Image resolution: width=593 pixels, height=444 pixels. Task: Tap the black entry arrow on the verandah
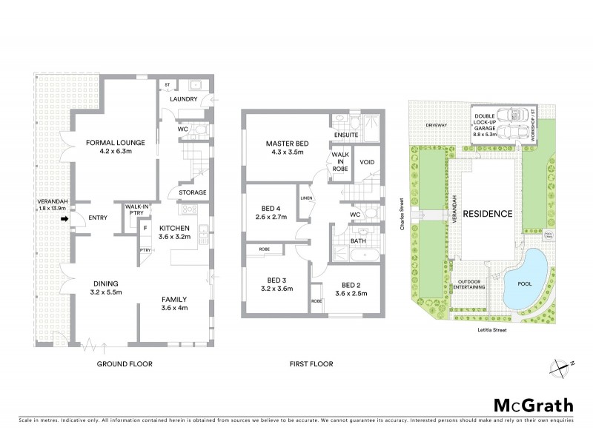(64, 219)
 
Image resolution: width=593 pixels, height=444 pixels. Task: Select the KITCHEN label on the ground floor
(175, 228)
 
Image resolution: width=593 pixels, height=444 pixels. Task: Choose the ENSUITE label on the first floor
(347, 135)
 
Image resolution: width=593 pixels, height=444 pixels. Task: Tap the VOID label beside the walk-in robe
(366, 161)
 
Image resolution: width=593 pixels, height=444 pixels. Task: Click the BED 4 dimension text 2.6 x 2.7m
(271, 218)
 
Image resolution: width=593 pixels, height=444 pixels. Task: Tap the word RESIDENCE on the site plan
(488, 214)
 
